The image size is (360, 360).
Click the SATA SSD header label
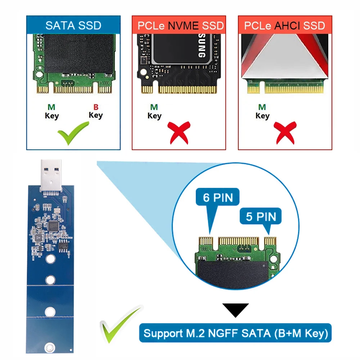[73, 25]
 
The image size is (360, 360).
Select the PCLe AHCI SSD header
[284, 26]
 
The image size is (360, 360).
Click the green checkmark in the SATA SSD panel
[73, 133]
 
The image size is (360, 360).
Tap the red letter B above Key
[96, 107]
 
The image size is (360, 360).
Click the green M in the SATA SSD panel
[51, 107]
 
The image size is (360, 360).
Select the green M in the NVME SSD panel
[154, 107]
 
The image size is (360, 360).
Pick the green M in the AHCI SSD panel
[262, 107]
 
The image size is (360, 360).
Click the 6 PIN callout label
[218, 197]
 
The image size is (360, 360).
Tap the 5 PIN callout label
[261, 217]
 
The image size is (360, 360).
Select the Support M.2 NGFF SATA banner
[235, 333]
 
